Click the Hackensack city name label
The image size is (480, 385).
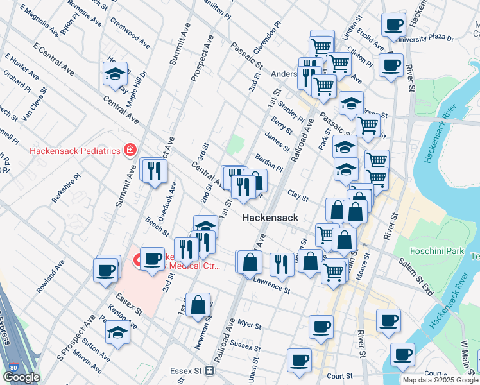270,218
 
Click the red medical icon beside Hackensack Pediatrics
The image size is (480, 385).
130,150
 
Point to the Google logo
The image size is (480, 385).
21,377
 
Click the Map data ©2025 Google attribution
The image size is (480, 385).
440,380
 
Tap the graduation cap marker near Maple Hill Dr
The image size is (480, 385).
115,74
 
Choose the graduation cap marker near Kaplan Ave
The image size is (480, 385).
117,332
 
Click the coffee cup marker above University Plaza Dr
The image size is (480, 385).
393,25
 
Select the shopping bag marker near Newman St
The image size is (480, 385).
199,305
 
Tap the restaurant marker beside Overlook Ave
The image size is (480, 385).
154,170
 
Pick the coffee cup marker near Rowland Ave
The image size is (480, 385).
105,269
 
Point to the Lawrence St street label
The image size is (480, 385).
272,284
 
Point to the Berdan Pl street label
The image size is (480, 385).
269,162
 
